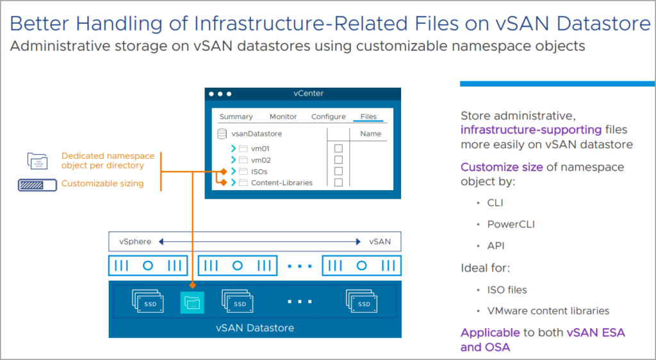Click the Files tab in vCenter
pyautogui.click(x=368, y=117)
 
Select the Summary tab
pyautogui.click(x=236, y=117)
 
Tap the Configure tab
pyautogui.click(x=328, y=117)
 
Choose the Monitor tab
pyautogui.click(x=283, y=117)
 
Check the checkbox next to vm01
pyautogui.click(x=338, y=148)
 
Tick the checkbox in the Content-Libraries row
pyautogui.click(x=338, y=183)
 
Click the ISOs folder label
pyautogui.click(x=259, y=172)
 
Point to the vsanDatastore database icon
pyautogui.click(x=222, y=134)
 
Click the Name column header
pyautogui.click(x=370, y=134)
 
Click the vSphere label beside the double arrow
pyautogui.click(x=135, y=241)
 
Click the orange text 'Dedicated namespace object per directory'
pyautogui.click(x=102, y=160)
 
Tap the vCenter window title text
pyautogui.click(x=308, y=94)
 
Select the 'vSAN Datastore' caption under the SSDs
pyautogui.click(x=254, y=328)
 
